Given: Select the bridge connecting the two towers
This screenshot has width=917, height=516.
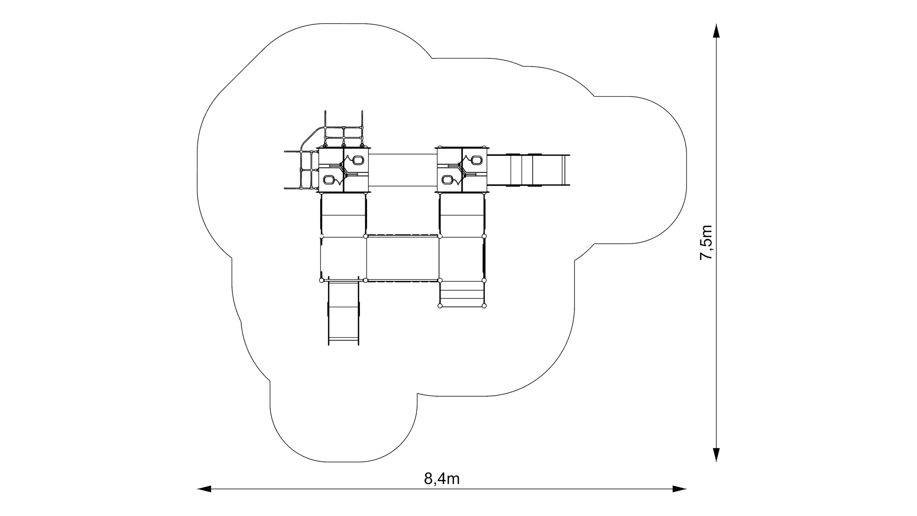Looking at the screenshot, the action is (x=403, y=170).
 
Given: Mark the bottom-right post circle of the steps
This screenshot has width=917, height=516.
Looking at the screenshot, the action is (x=484, y=306).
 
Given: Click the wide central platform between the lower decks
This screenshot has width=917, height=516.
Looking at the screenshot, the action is (x=403, y=258).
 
